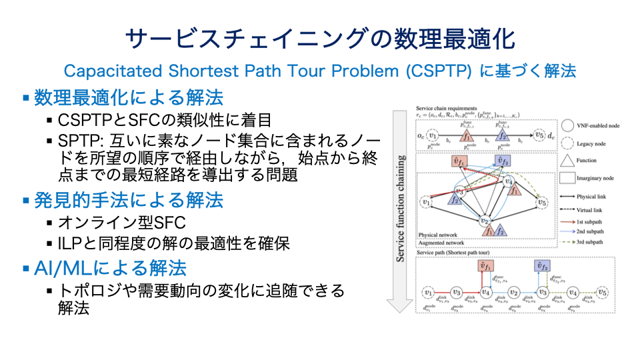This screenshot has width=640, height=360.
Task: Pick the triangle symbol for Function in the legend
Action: tap(567, 160)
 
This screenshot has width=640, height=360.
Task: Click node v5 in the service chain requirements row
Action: tap(541, 137)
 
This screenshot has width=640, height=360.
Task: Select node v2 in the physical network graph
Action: tap(486, 222)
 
